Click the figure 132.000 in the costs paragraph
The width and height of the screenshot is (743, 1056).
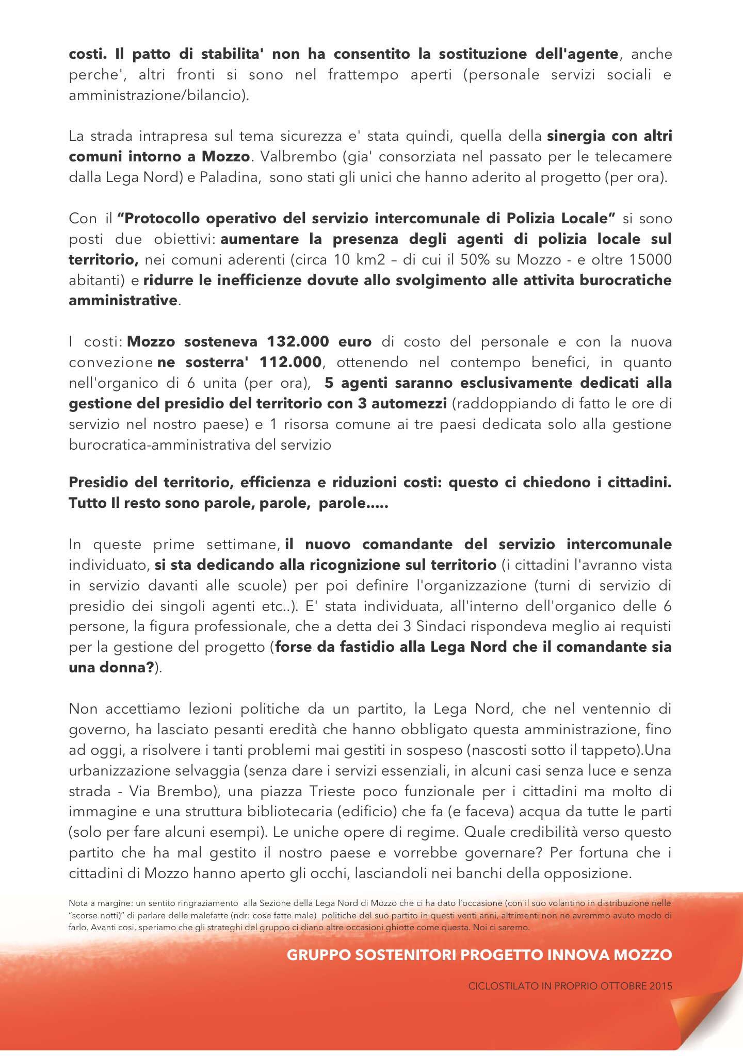click(x=299, y=342)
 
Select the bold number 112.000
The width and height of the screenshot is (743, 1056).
click(x=291, y=362)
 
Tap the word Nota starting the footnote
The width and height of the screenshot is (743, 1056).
click(x=78, y=904)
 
